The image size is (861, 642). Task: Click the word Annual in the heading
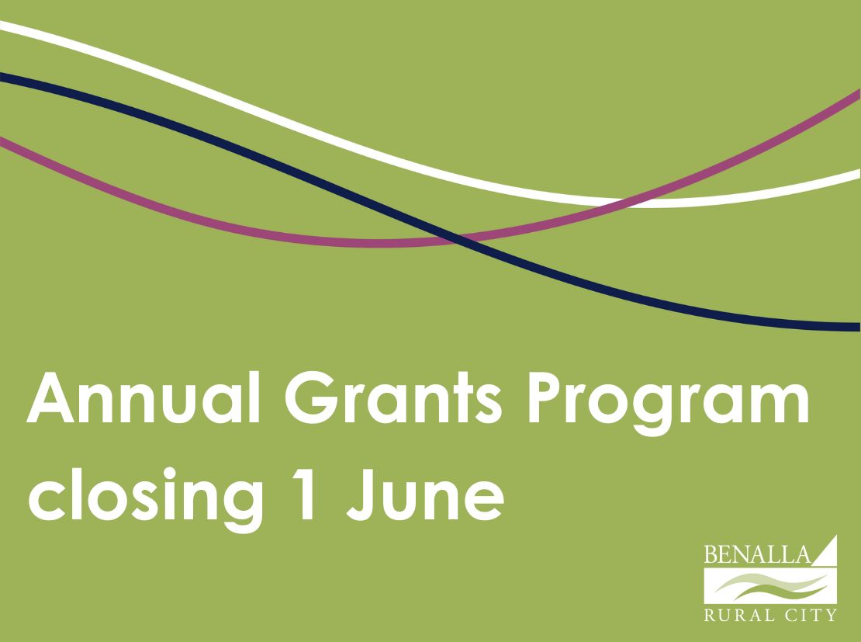(x=143, y=397)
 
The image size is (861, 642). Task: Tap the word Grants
(x=393, y=397)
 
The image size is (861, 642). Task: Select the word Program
(x=669, y=404)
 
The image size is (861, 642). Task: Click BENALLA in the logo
(x=757, y=554)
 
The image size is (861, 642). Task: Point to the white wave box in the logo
(x=770, y=586)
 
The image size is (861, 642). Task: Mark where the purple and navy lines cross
(x=457, y=240)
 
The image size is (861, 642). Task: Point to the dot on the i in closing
(x=169, y=474)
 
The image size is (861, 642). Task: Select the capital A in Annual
(x=50, y=397)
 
